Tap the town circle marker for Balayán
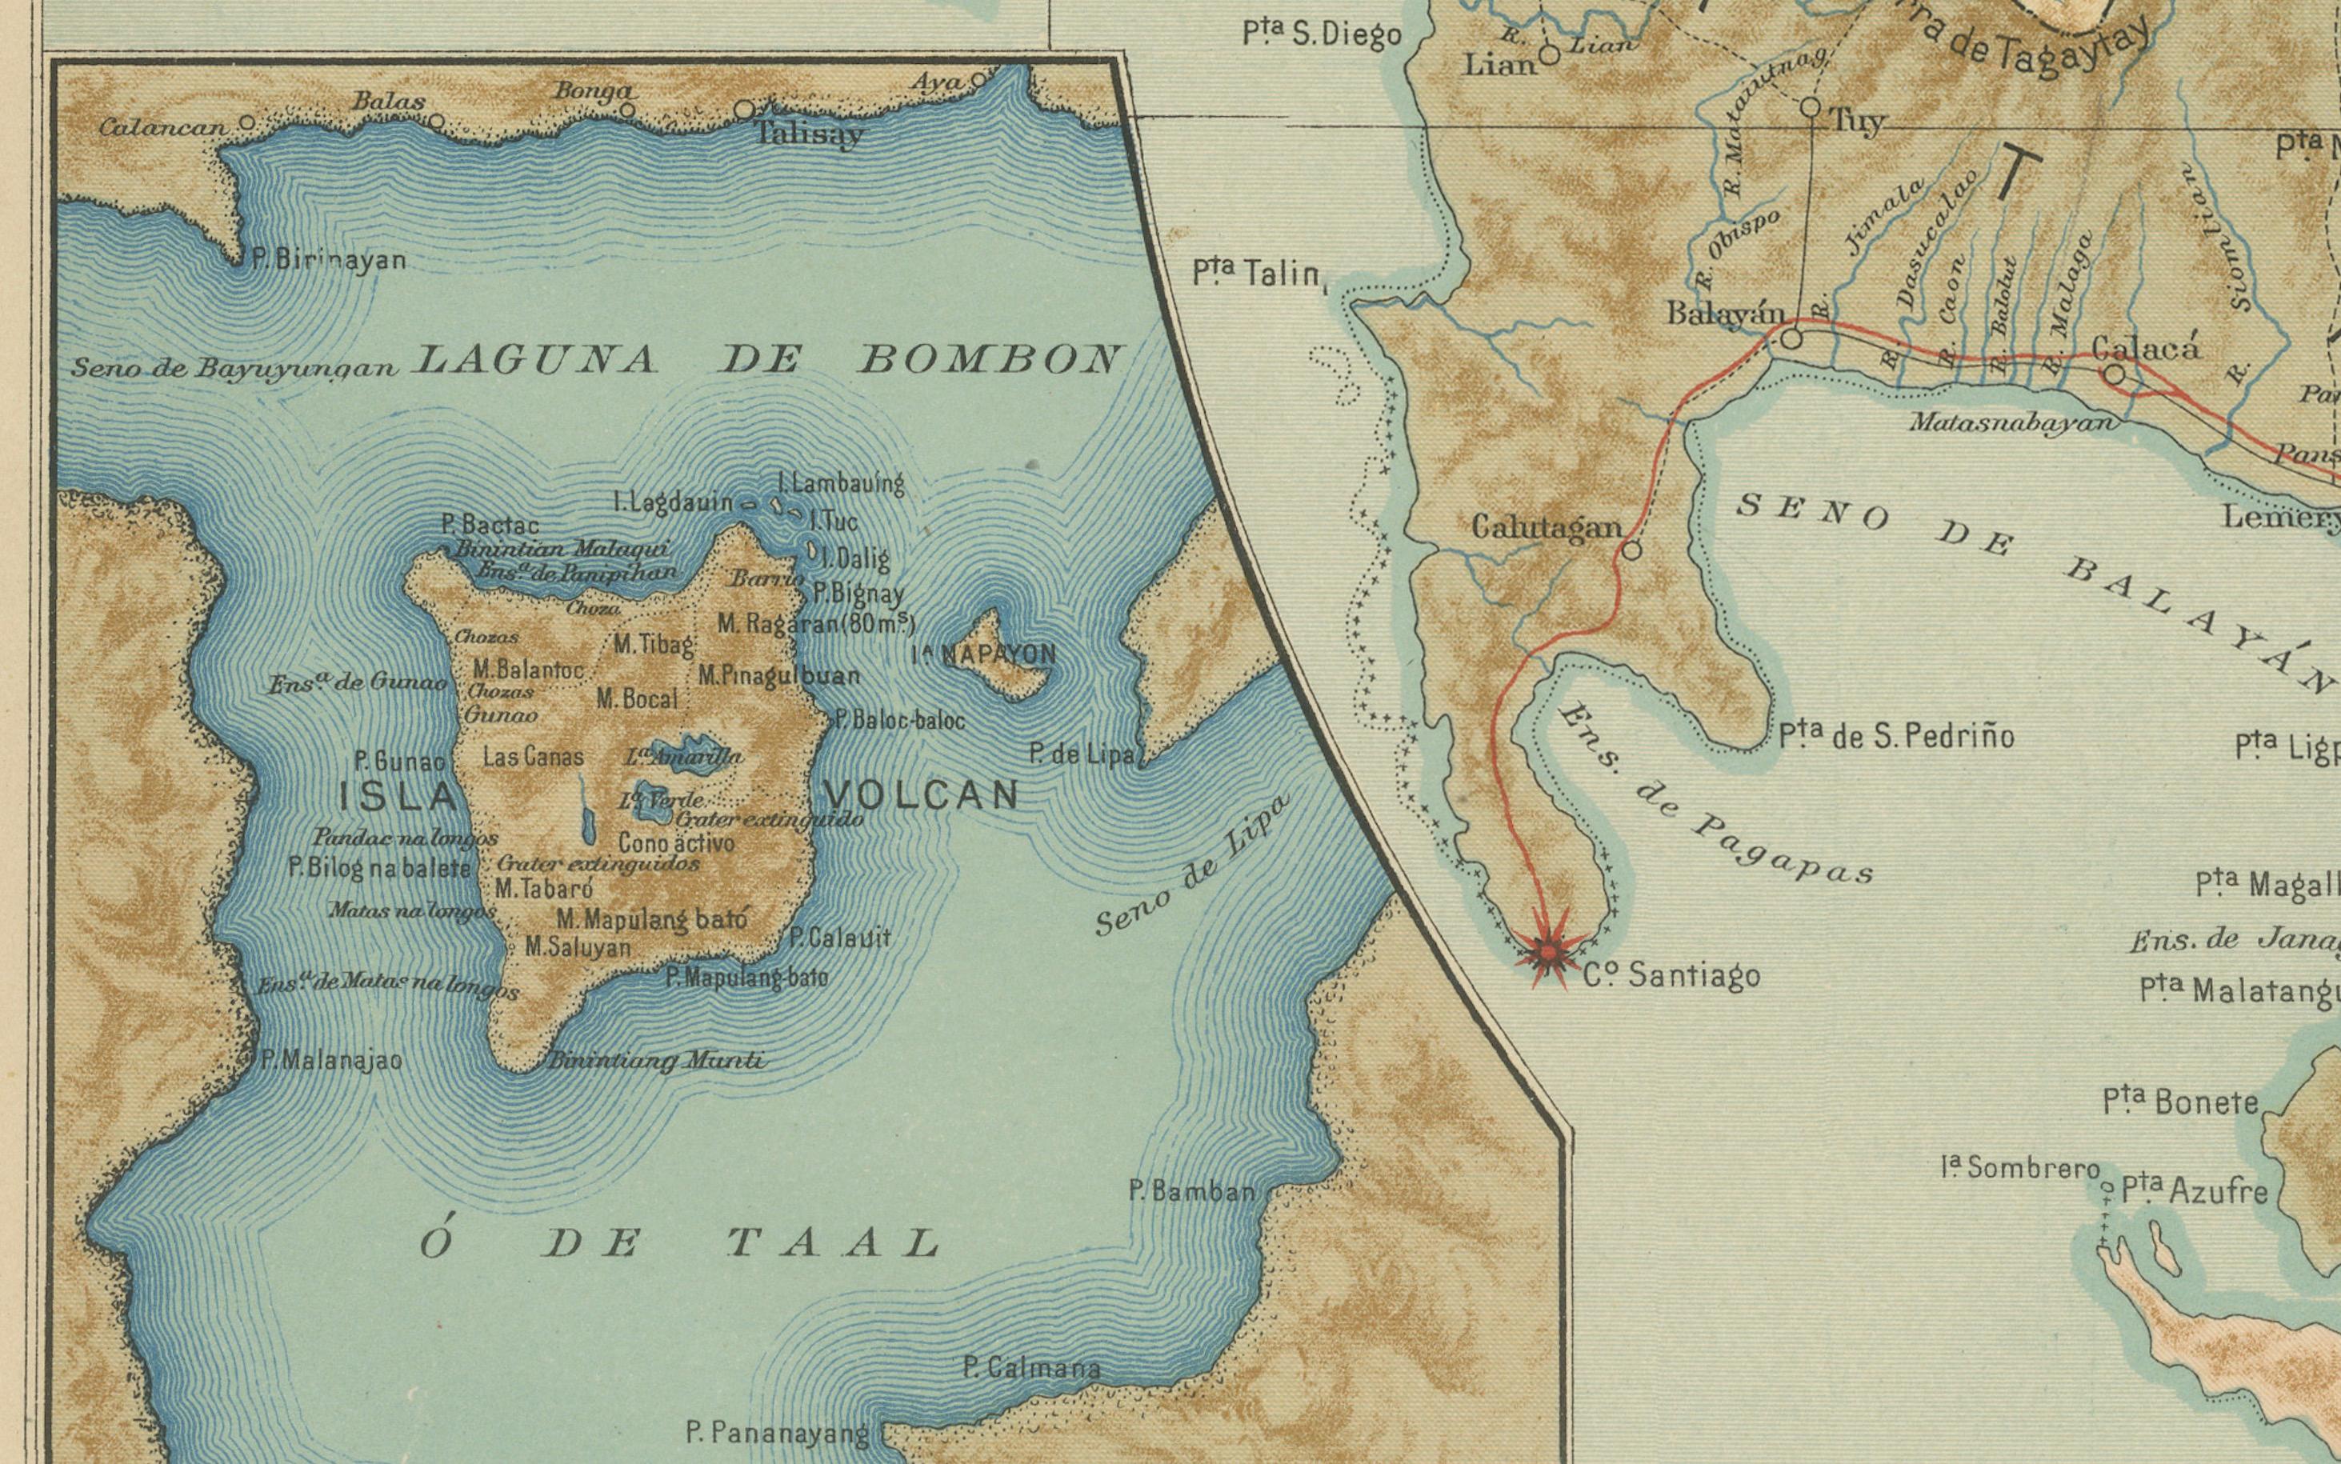click(1791, 339)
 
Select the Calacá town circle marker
click(2115, 374)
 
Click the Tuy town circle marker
click(1810, 106)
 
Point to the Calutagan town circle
click(1631, 551)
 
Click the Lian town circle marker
click(1549, 55)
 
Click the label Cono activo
click(676, 842)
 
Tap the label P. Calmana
click(1031, 1368)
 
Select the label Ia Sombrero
click(2019, 1168)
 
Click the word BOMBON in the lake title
click(990, 360)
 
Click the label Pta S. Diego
click(1322, 34)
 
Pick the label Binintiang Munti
click(656, 1062)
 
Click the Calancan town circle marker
click(247, 123)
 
